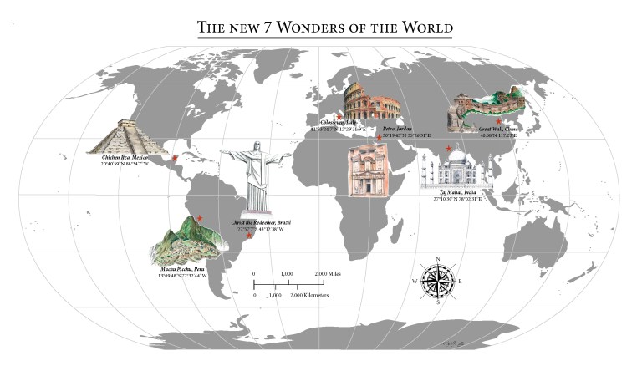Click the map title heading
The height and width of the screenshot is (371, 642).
pos(325,28)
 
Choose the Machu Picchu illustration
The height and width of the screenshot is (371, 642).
pos(188,240)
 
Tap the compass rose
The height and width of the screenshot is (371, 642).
pos(436,281)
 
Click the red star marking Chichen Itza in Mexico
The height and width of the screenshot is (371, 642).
pos(175,157)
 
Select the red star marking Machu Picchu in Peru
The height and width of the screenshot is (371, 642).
pos(199,218)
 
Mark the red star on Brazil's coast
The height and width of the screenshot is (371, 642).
pos(249,236)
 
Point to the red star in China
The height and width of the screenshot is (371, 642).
pos(498,121)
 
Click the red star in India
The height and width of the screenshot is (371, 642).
pos(449,148)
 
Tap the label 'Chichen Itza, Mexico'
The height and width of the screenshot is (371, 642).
pos(125,156)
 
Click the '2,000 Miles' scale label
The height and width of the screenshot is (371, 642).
pos(331,274)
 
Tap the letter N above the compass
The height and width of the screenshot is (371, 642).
pos(436,258)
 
